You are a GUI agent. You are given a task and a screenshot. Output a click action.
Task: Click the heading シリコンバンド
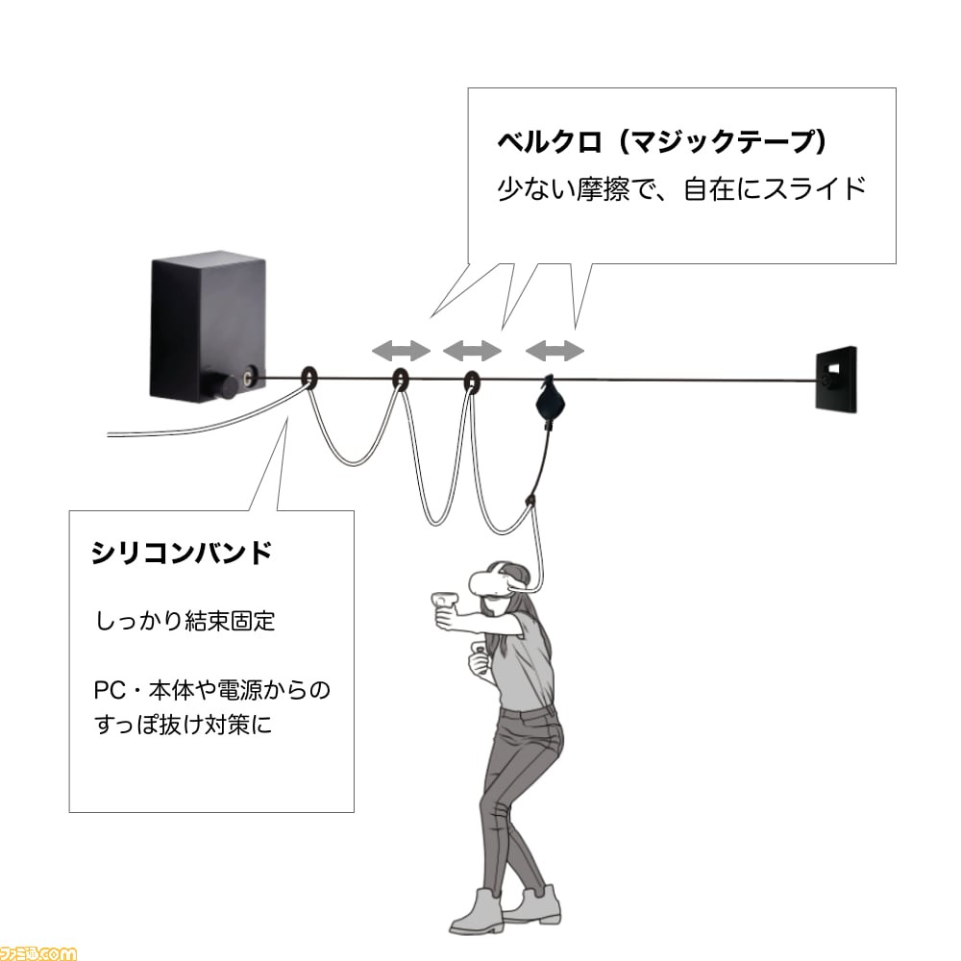pyautogui.click(x=182, y=553)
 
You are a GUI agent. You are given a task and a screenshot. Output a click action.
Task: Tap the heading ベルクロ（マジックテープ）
pyautogui.click(x=663, y=141)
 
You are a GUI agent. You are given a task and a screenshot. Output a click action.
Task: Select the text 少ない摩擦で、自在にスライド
pyautogui.click(x=681, y=188)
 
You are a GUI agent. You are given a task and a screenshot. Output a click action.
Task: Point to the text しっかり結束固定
pyautogui.click(x=185, y=621)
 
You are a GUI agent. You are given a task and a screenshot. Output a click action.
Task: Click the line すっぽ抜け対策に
pyautogui.click(x=183, y=725)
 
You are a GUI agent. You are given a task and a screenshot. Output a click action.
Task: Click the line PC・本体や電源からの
pyautogui.click(x=212, y=690)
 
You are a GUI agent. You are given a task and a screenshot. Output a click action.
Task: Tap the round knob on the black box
pyautogui.click(x=226, y=385)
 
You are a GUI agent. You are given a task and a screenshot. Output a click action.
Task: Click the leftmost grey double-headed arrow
pyautogui.click(x=402, y=351)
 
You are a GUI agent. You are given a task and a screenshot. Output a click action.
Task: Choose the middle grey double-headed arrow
pyautogui.click(x=473, y=351)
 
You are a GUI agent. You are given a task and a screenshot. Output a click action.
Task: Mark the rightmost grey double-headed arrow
pyautogui.click(x=555, y=351)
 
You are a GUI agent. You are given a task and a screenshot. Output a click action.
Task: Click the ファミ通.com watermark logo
pyautogui.click(x=38, y=953)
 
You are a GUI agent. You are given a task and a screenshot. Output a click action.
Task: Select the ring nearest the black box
pyautogui.click(x=309, y=378)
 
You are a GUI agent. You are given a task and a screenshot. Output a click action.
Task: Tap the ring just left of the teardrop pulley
pyautogui.click(x=471, y=382)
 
